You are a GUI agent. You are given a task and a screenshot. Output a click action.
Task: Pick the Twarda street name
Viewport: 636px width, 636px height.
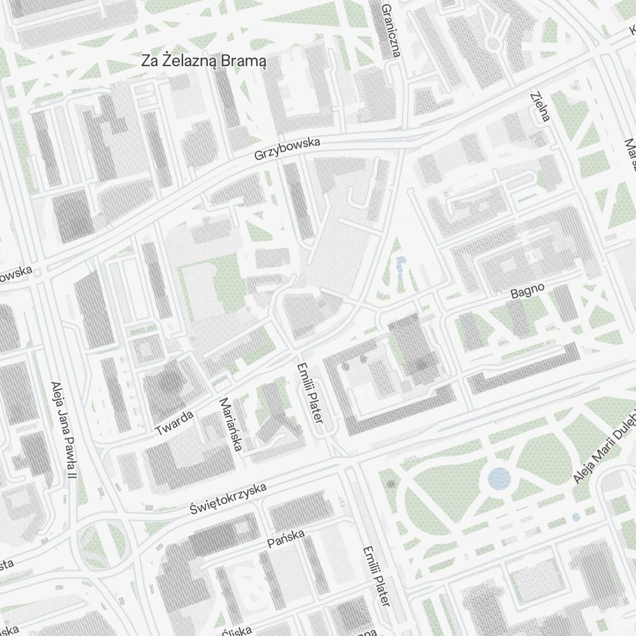point(174,423)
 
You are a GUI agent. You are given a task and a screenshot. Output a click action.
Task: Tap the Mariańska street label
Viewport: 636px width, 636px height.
point(230,424)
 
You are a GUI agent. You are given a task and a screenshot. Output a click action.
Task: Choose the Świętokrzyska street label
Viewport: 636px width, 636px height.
point(228,499)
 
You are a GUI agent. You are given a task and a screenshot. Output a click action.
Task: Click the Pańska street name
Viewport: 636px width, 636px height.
point(286,538)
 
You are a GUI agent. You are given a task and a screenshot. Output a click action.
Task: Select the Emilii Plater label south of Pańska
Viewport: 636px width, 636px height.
point(375,576)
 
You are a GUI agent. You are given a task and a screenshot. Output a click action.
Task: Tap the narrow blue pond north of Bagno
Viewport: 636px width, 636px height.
point(400,268)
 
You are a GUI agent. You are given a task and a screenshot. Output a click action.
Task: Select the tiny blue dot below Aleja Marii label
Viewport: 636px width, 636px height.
point(576,518)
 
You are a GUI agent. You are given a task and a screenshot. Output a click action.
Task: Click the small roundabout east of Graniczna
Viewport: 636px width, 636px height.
point(492,43)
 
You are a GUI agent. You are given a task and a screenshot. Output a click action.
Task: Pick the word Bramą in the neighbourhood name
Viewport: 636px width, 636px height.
point(244,61)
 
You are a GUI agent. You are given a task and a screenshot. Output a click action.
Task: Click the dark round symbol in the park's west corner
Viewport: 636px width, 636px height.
point(391,485)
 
